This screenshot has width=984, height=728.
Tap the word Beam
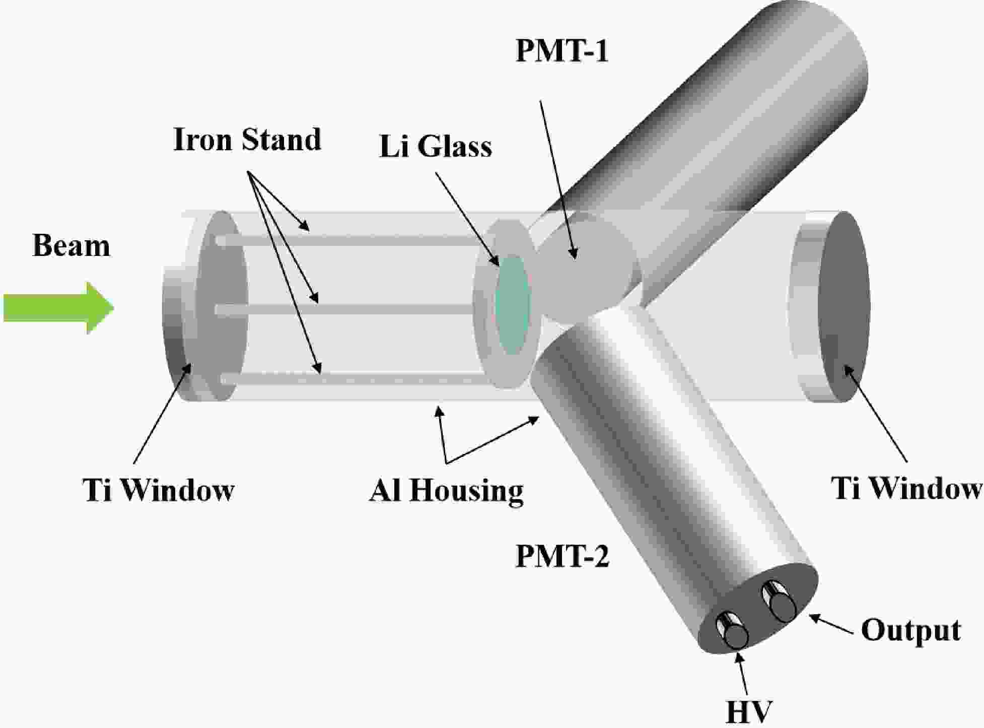pyautogui.click(x=71, y=246)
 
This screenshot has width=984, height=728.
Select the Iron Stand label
pyautogui.click(x=247, y=140)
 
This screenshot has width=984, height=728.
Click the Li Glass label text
pyautogui.click(x=435, y=147)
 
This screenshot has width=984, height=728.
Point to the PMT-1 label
pyautogui.click(x=562, y=51)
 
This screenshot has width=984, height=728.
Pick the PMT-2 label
pyautogui.click(x=562, y=557)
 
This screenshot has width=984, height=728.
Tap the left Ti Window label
pyautogui.click(x=159, y=489)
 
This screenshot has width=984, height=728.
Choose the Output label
pyautogui.click(x=910, y=630)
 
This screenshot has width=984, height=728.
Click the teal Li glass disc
pyautogui.click(x=512, y=304)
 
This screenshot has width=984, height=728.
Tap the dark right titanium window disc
pyautogui.click(x=844, y=307)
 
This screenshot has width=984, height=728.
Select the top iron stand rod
pyautogui.click(x=347, y=241)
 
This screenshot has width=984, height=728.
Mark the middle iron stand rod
pyautogui.click(x=347, y=309)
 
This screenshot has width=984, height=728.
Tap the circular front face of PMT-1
pyautogui.click(x=584, y=267)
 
